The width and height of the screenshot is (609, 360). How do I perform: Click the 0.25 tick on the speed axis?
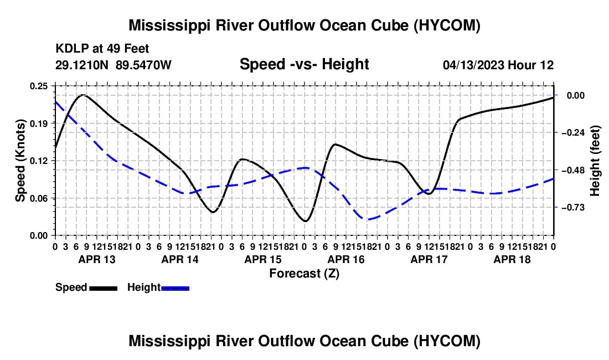coord(39,86)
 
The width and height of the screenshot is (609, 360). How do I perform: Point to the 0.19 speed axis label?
coord(39,124)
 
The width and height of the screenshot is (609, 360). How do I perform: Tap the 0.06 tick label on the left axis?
coord(39,198)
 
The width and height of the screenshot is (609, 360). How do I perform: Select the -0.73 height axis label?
coord(573,208)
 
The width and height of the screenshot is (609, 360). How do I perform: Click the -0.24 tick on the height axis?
coord(573,133)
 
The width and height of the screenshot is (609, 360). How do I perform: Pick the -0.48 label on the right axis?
coord(573,171)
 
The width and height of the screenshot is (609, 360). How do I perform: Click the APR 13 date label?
coord(97,259)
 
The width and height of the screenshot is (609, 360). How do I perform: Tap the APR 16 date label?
coord(346,259)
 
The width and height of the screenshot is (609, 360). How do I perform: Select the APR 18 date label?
coord(512,259)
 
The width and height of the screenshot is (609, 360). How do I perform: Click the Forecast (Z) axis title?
coord(304,274)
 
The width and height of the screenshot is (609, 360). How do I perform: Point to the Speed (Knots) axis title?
coord(20,161)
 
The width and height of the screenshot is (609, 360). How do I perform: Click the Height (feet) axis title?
coord(595,161)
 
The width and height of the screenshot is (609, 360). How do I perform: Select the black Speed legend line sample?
coord(104,288)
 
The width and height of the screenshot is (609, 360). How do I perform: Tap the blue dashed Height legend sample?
coord(175,288)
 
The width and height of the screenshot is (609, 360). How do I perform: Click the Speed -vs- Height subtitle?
coord(304,64)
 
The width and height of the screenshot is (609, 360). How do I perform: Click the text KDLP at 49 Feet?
coord(102,49)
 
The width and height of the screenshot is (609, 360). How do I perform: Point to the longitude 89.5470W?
coord(143,65)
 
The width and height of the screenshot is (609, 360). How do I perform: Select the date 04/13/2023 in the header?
coord(474,65)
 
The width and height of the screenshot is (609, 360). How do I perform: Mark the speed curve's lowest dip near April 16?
coord(305,222)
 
